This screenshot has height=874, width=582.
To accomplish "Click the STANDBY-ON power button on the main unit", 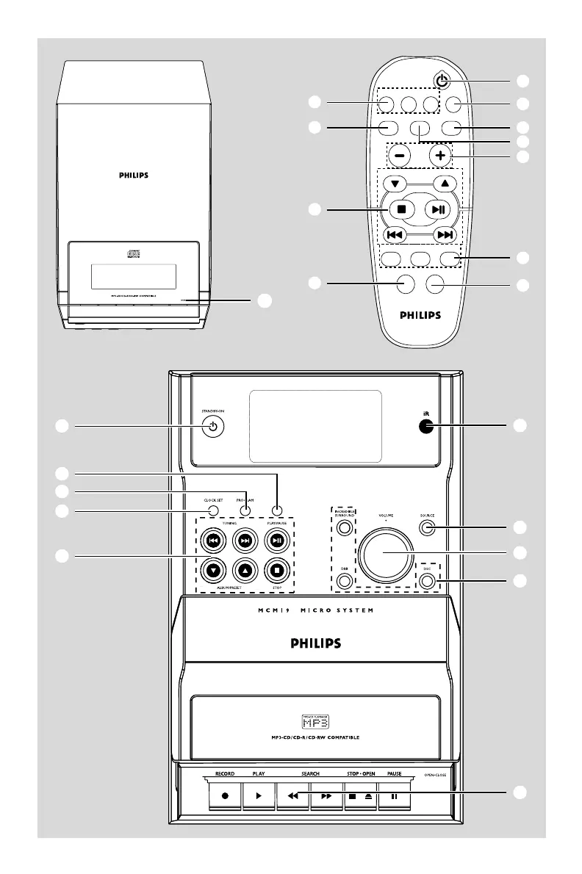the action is [x=212, y=427].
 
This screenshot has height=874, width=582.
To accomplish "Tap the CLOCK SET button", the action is [x=212, y=511].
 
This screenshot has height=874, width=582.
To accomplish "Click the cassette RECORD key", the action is [x=225, y=795].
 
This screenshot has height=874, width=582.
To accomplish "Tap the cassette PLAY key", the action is [x=259, y=795].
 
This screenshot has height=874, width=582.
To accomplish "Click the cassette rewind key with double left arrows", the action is [x=292, y=795].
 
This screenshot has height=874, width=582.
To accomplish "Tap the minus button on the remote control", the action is [x=399, y=156].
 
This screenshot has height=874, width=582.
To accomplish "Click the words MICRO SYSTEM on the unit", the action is [x=339, y=610].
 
